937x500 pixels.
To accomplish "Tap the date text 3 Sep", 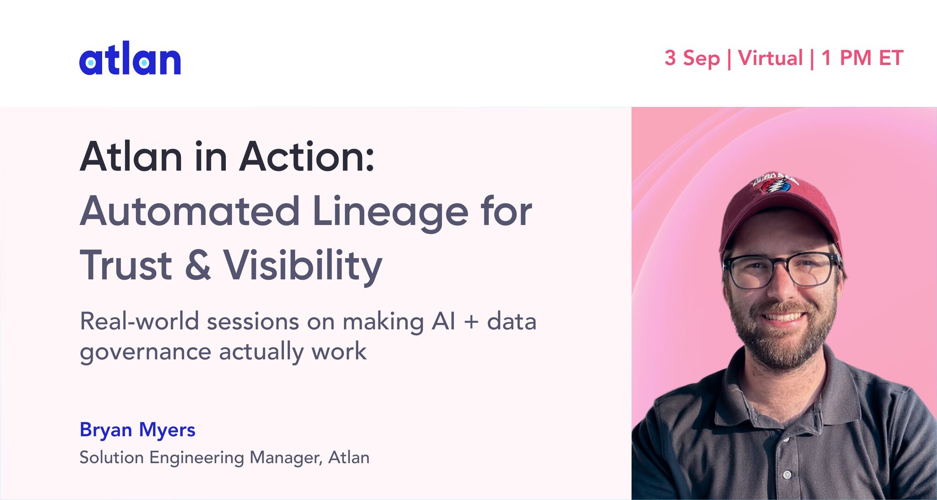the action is click(x=692, y=59).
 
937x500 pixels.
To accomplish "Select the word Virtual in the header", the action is click(x=771, y=58).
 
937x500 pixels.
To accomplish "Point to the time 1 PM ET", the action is click(x=863, y=58).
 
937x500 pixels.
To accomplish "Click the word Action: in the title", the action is click(x=307, y=157).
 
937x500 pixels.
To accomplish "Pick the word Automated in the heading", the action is click(x=190, y=211).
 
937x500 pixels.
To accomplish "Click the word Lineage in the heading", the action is click(x=390, y=213).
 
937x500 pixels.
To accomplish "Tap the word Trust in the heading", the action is click(x=126, y=265).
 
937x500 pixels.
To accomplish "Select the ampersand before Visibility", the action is click(x=198, y=265).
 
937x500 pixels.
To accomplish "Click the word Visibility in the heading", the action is click(x=303, y=267).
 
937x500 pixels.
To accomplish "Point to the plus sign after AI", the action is click(x=471, y=322).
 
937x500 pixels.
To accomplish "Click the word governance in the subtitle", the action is click(x=146, y=353).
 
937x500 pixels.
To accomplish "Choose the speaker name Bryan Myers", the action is click(x=137, y=430).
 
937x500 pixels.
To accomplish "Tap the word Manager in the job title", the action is click(x=286, y=458).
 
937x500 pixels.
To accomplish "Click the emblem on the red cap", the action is click(x=776, y=183).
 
